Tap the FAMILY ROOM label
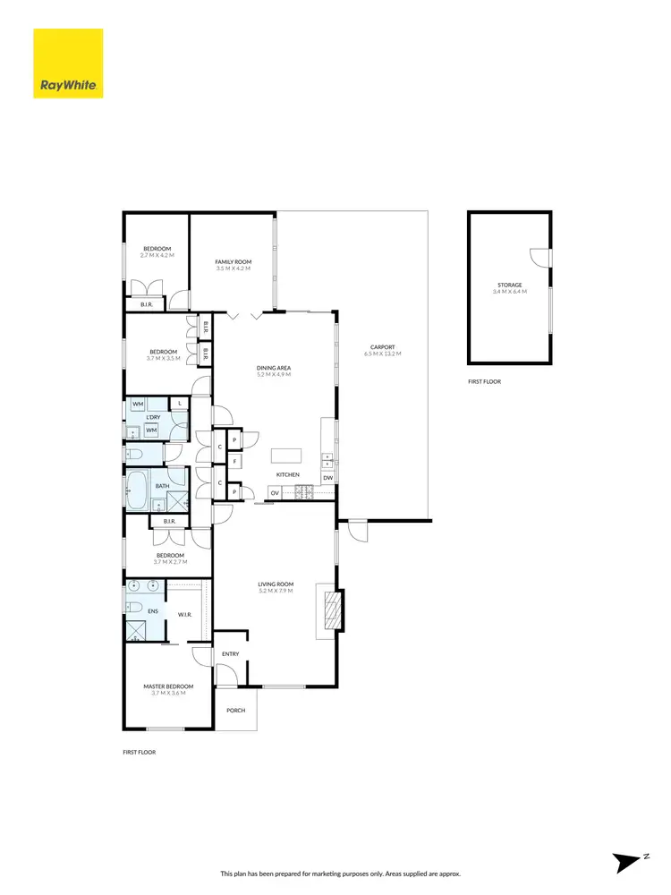[233, 260]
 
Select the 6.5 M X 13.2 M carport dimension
[382, 354]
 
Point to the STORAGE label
[510, 285]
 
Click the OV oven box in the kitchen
[275, 492]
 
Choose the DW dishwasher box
[328, 478]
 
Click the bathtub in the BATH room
[136, 491]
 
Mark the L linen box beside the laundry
[180, 405]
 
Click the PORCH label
[235, 710]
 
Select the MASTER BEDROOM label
[168, 686]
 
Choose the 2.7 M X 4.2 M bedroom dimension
[157, 256]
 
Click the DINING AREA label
[275, 368]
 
